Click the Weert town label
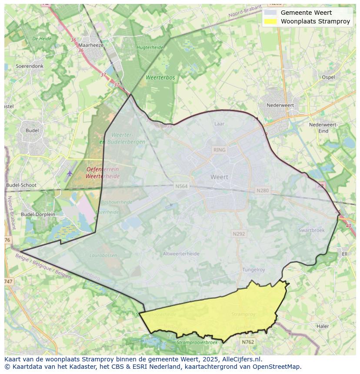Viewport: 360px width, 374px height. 219,177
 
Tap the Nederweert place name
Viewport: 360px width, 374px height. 280,105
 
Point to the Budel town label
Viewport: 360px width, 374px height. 32,130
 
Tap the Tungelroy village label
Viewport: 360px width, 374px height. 253,270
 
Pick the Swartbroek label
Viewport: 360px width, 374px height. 311,230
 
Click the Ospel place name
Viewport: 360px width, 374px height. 328,77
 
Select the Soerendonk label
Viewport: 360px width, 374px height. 30,66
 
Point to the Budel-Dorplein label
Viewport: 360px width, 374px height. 38,214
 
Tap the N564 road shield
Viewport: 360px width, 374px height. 181,186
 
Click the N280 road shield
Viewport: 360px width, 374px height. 263,190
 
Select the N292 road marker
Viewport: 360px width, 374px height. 239,234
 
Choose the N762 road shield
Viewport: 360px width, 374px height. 247,342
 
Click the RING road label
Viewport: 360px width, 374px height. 220,150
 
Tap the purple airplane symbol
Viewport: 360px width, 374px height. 70,173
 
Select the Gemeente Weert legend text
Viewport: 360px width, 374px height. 306,13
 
